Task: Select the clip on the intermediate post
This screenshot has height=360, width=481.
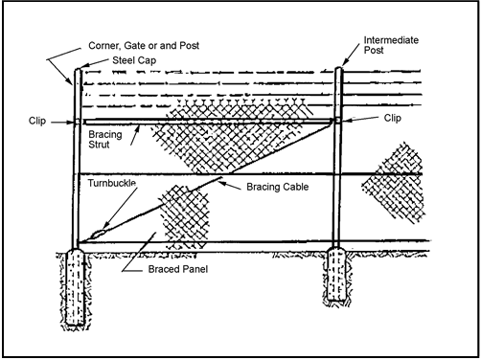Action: [x=340, y=120]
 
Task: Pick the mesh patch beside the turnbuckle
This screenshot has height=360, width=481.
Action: [x=182, y=214]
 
